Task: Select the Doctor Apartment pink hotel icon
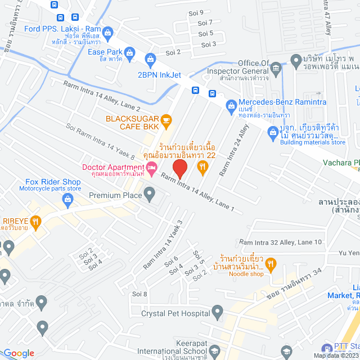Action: tap(151, 167)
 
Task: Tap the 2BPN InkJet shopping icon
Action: tap(150, 58)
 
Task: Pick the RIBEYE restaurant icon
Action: tap(37, 222)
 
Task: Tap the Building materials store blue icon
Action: tap(271, 133)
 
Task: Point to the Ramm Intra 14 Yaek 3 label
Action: tap(163, 244)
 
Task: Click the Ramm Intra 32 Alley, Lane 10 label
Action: tap(280, 242)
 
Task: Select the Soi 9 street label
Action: tap(197, 12)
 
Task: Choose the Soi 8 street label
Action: tap(139, 294)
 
